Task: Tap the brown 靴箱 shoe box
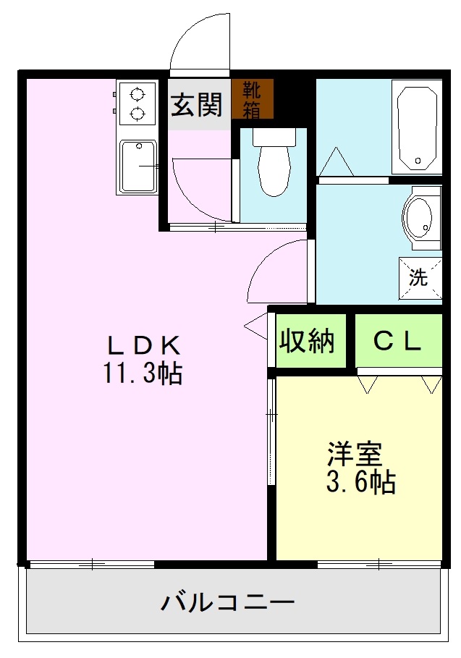[253, 99]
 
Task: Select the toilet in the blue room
[274, 171]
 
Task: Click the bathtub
[416, 127]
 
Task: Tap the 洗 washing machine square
[419, 276]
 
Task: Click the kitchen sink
[138, 166]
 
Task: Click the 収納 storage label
[308, 339]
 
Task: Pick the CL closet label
[397, 341]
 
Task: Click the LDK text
[142, 344]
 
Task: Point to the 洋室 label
[353, 454]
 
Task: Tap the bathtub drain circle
[418, 161]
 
